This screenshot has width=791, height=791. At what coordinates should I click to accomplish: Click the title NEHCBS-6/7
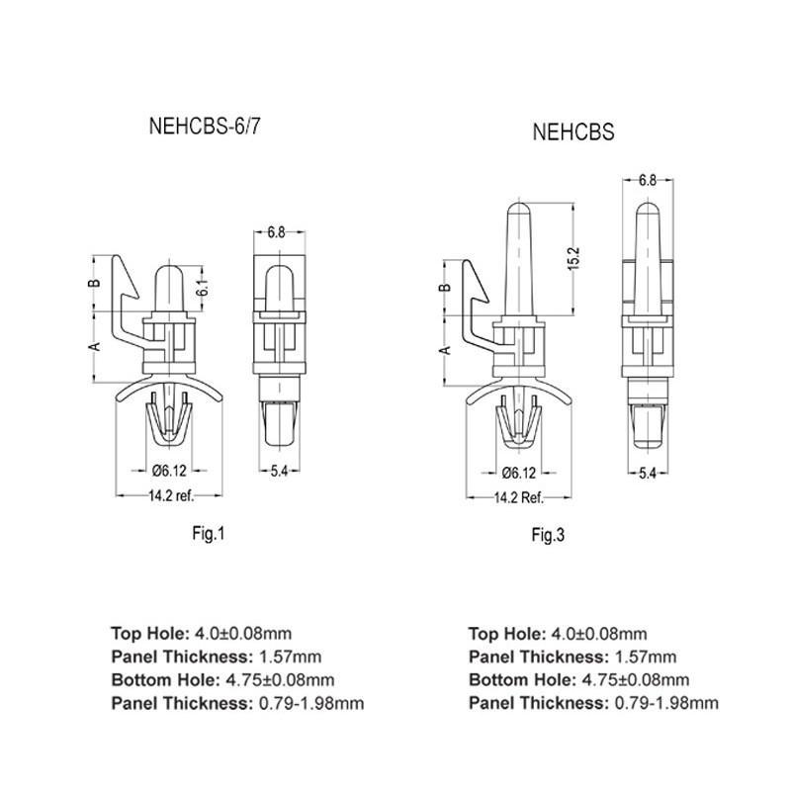click(205, 127)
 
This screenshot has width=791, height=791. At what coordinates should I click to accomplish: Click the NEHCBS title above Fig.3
click(573, 132)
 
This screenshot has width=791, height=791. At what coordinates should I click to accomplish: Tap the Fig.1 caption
click(209, 534)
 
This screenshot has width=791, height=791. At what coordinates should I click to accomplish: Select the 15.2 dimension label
click(572, 258)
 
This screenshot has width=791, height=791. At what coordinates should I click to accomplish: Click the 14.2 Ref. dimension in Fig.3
click(519, 498)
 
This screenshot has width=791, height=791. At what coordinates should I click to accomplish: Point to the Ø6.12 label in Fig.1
click(170, 472)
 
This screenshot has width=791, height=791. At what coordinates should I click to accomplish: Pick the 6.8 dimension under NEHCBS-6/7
click(277, 232)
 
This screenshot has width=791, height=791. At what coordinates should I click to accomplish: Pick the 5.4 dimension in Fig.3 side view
click(649, 474)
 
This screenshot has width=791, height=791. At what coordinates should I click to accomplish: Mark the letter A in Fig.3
click(445, 351)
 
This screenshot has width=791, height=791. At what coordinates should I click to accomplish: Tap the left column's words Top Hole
click(146, 633)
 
